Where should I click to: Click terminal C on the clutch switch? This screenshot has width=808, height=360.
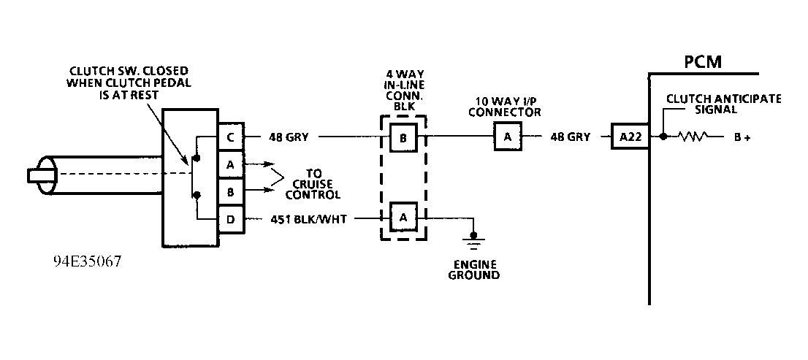click(230, 137)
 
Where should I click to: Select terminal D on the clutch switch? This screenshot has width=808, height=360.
click(230, 219)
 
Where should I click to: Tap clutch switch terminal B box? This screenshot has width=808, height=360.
click(230, 192)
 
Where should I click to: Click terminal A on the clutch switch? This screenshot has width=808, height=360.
click(230, 164)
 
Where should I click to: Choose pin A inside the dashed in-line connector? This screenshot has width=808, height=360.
click(403, 217)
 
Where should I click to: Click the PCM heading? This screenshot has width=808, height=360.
click(702, 62)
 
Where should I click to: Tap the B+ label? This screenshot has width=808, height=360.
click(742, 137)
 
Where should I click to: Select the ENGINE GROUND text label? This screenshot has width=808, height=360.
click(474, 269)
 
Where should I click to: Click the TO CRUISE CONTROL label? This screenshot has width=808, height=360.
click(313, 185)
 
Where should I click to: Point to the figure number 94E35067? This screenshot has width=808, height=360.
click(87, 261)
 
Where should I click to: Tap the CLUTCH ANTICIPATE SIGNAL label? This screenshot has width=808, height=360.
click(723, 104)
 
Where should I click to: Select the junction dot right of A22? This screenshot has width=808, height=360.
click(662, 137)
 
